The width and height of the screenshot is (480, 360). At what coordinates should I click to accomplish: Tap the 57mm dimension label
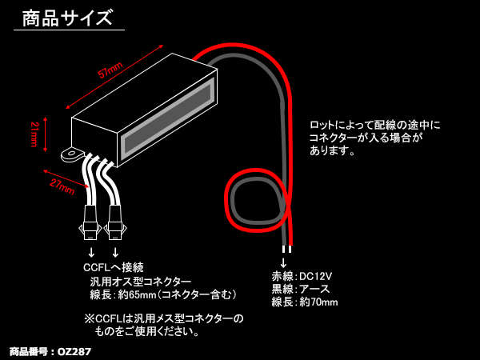tap(110, 72)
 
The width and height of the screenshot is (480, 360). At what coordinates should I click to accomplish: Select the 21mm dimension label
tap(34, 134)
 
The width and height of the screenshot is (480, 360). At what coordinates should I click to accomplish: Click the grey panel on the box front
tap(168, 116)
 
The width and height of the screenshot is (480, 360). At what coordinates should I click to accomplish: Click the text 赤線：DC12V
tap(302, 276)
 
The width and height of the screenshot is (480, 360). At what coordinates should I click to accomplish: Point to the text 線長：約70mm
tap(305, 302)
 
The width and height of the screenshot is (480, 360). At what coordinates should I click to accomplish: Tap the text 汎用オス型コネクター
tap(141, 281)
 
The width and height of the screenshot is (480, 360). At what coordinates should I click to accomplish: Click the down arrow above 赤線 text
tap(282, 262)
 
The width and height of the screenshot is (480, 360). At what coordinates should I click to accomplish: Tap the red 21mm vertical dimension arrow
tap(46, 134)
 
